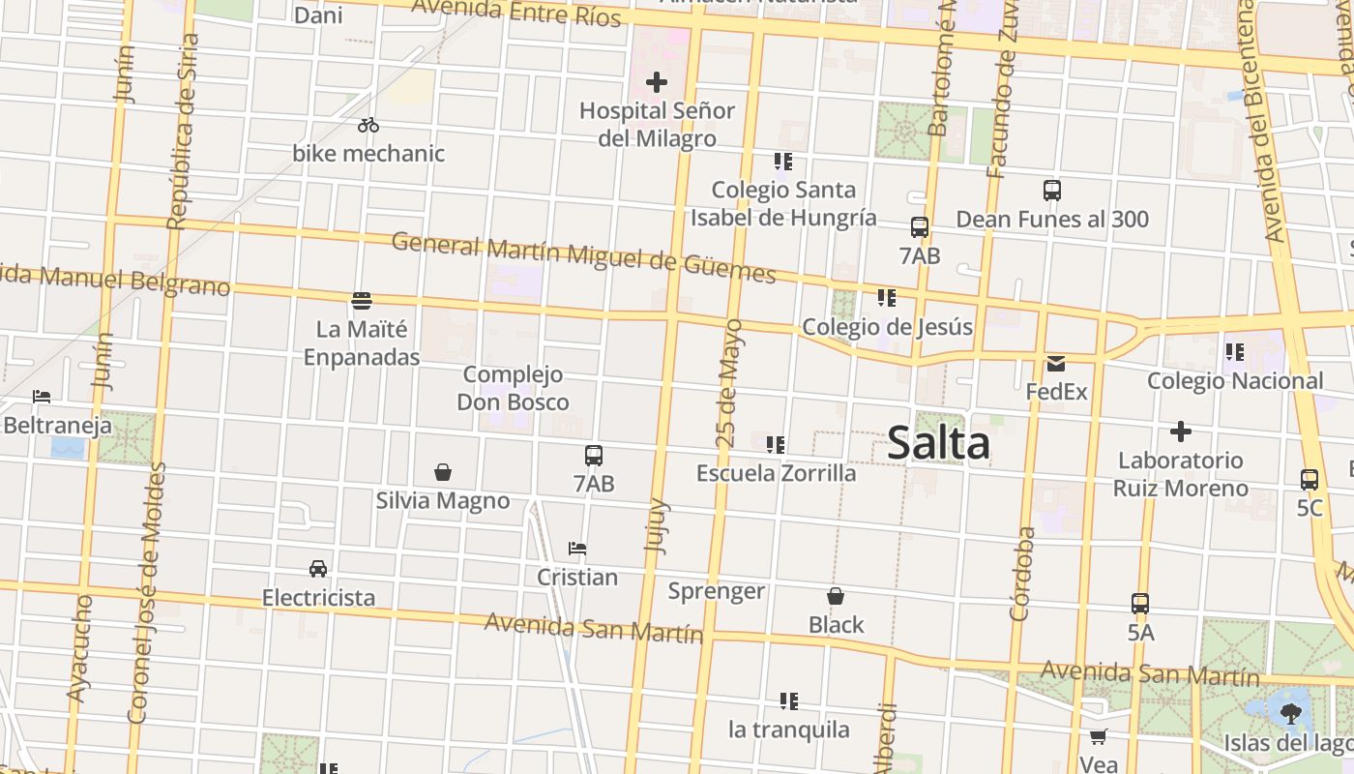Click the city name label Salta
pyautogui.click(x=938, y=443)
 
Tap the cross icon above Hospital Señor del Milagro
pyautogui.click(x=657, y=82)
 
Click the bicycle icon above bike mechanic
pyautogui.click(x=368, y=125)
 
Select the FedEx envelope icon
pyautogui.click(x=1055, y=364)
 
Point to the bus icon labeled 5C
pyautogui.click(x=1310, y=479)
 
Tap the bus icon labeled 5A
pyautogui.click(x=1140, y=604)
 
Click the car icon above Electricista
pyautogui.click(x=318, y=568)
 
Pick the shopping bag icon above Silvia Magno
pyautogui.click(x=443, y=472)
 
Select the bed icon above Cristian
pyautogui.click(x=577, y=549)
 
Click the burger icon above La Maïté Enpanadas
pyautogui.click(x=362, y=301)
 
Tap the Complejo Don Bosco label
pyautogui.click(x=513, y=388)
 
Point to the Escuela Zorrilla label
pyautogui.click(x=777, y=473)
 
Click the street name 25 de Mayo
pyautogui.click(x=730, y=382)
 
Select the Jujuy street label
pyautogui.click(x=657, y=525)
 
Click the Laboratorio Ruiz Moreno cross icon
pyautogui.click(x=1180, y=432)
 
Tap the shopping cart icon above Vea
pyautogui.click(x=1098, y=737)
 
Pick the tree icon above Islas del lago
pyautogui.click(x=1289, y=714)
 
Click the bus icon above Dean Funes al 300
pyautogui.click(x=1052, y=191)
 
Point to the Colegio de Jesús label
pyautogui.click(x=887, y=327)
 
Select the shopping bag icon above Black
pyautogui.click(x=836, y=597)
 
